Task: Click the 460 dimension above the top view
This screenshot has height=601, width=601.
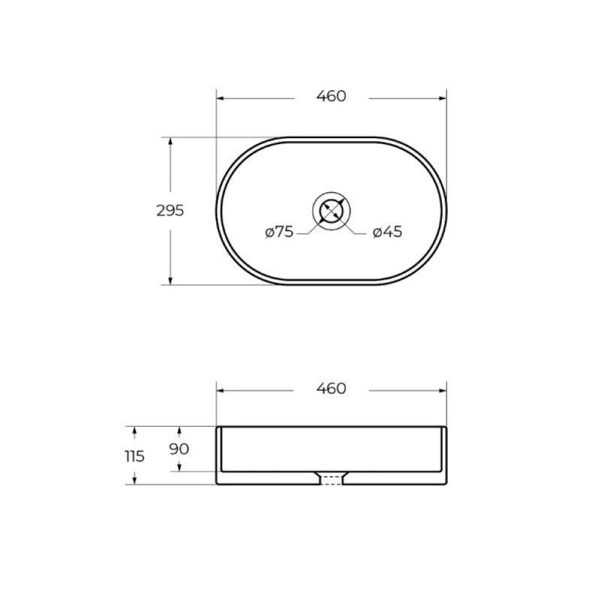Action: [331, 96]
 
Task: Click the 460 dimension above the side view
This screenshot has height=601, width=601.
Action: [331, 388]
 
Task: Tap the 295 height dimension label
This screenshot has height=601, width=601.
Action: [171, 210]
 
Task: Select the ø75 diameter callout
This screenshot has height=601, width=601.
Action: [279, 232]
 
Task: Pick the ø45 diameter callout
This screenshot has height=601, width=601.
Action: [388, 232]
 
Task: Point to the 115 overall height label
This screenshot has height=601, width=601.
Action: [134, 456]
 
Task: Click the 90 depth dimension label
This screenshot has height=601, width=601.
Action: [179, 448]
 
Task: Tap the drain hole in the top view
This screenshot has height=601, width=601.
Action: [331, 211]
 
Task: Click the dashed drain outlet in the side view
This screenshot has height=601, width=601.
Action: [331, 480]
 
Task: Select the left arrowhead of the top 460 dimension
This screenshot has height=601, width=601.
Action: [220, 98]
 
